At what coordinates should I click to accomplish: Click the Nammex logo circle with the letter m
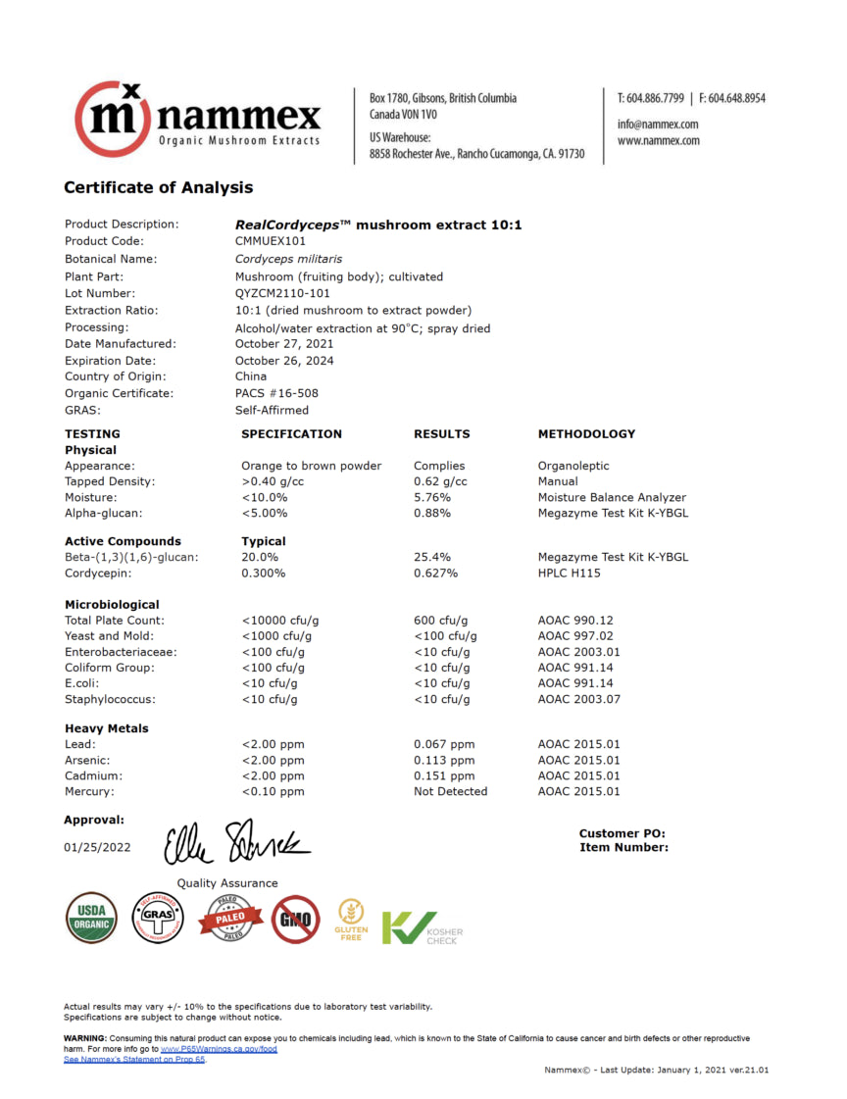(114, 120)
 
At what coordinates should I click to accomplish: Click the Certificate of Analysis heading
(158, 187)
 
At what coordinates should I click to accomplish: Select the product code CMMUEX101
(271, 241)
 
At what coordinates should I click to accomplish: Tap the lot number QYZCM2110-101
(282, 293)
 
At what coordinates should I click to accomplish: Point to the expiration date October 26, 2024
(284, 361)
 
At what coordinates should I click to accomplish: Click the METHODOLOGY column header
(586, 433)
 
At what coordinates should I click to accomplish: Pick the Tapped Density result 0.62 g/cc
(440, 481)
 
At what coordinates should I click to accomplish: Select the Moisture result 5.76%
(432, 497)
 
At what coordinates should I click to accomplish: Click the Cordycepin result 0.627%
(435, 573)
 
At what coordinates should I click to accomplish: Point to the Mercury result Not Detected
(450, 791)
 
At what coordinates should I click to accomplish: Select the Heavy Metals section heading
(107, 728)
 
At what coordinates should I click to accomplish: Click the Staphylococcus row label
(110, 699)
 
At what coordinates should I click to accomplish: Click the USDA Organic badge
(92, 919)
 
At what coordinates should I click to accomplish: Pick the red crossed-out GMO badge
(295, 919)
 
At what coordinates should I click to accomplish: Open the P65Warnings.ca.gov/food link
(219, 1049)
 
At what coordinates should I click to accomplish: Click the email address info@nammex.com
(657, 125)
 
